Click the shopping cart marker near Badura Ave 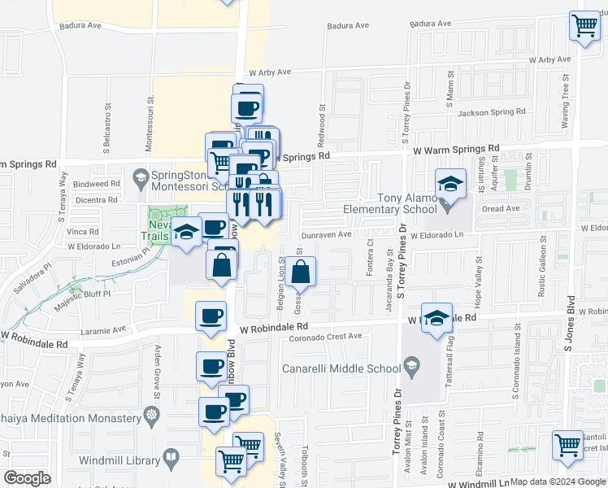[x=584, y=26]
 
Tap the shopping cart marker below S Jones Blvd [x=567, y=445]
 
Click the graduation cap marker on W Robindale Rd [x=437, y=318]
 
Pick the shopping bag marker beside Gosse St [x=301, y=271]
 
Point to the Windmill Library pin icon [x=172, y=460]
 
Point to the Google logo [x=26, y=478]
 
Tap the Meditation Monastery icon [x=150, y=418]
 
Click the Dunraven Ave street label [x=327, y=234]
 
